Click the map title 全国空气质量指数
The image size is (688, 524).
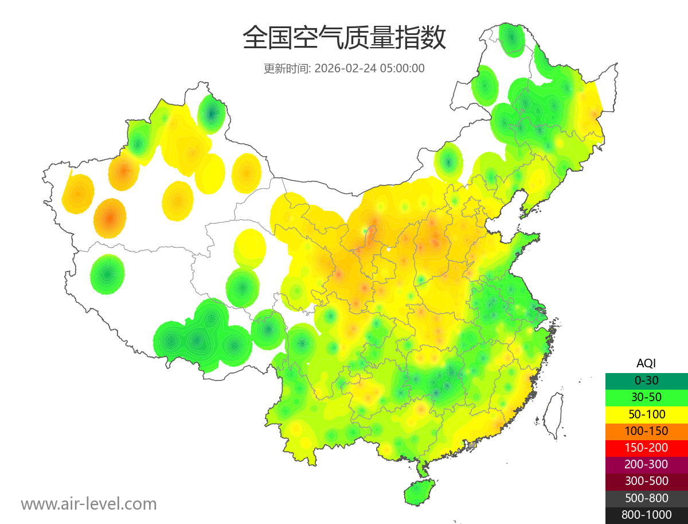pos(344,38)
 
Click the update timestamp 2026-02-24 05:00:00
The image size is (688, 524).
pos(370,68)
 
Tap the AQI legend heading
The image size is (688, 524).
pos(646,363)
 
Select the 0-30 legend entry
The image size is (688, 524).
pos(646,381)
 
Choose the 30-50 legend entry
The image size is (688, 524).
pos(646,397)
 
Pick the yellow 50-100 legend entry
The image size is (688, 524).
pos(646,414)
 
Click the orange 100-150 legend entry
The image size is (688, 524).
pos(646,431)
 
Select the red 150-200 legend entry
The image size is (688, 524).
pos(646,448)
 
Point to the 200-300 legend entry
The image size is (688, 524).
pos(646,464)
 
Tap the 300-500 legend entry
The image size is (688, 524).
pos(646,481)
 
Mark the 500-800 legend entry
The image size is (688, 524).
pos(646,498)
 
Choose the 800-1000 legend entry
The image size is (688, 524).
pos(646,515)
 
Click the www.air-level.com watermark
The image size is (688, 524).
pos(89,504)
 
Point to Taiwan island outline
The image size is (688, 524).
pos(553,414)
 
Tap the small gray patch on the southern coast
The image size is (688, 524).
pos(472,445)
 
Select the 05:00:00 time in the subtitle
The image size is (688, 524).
pos(402,68)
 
